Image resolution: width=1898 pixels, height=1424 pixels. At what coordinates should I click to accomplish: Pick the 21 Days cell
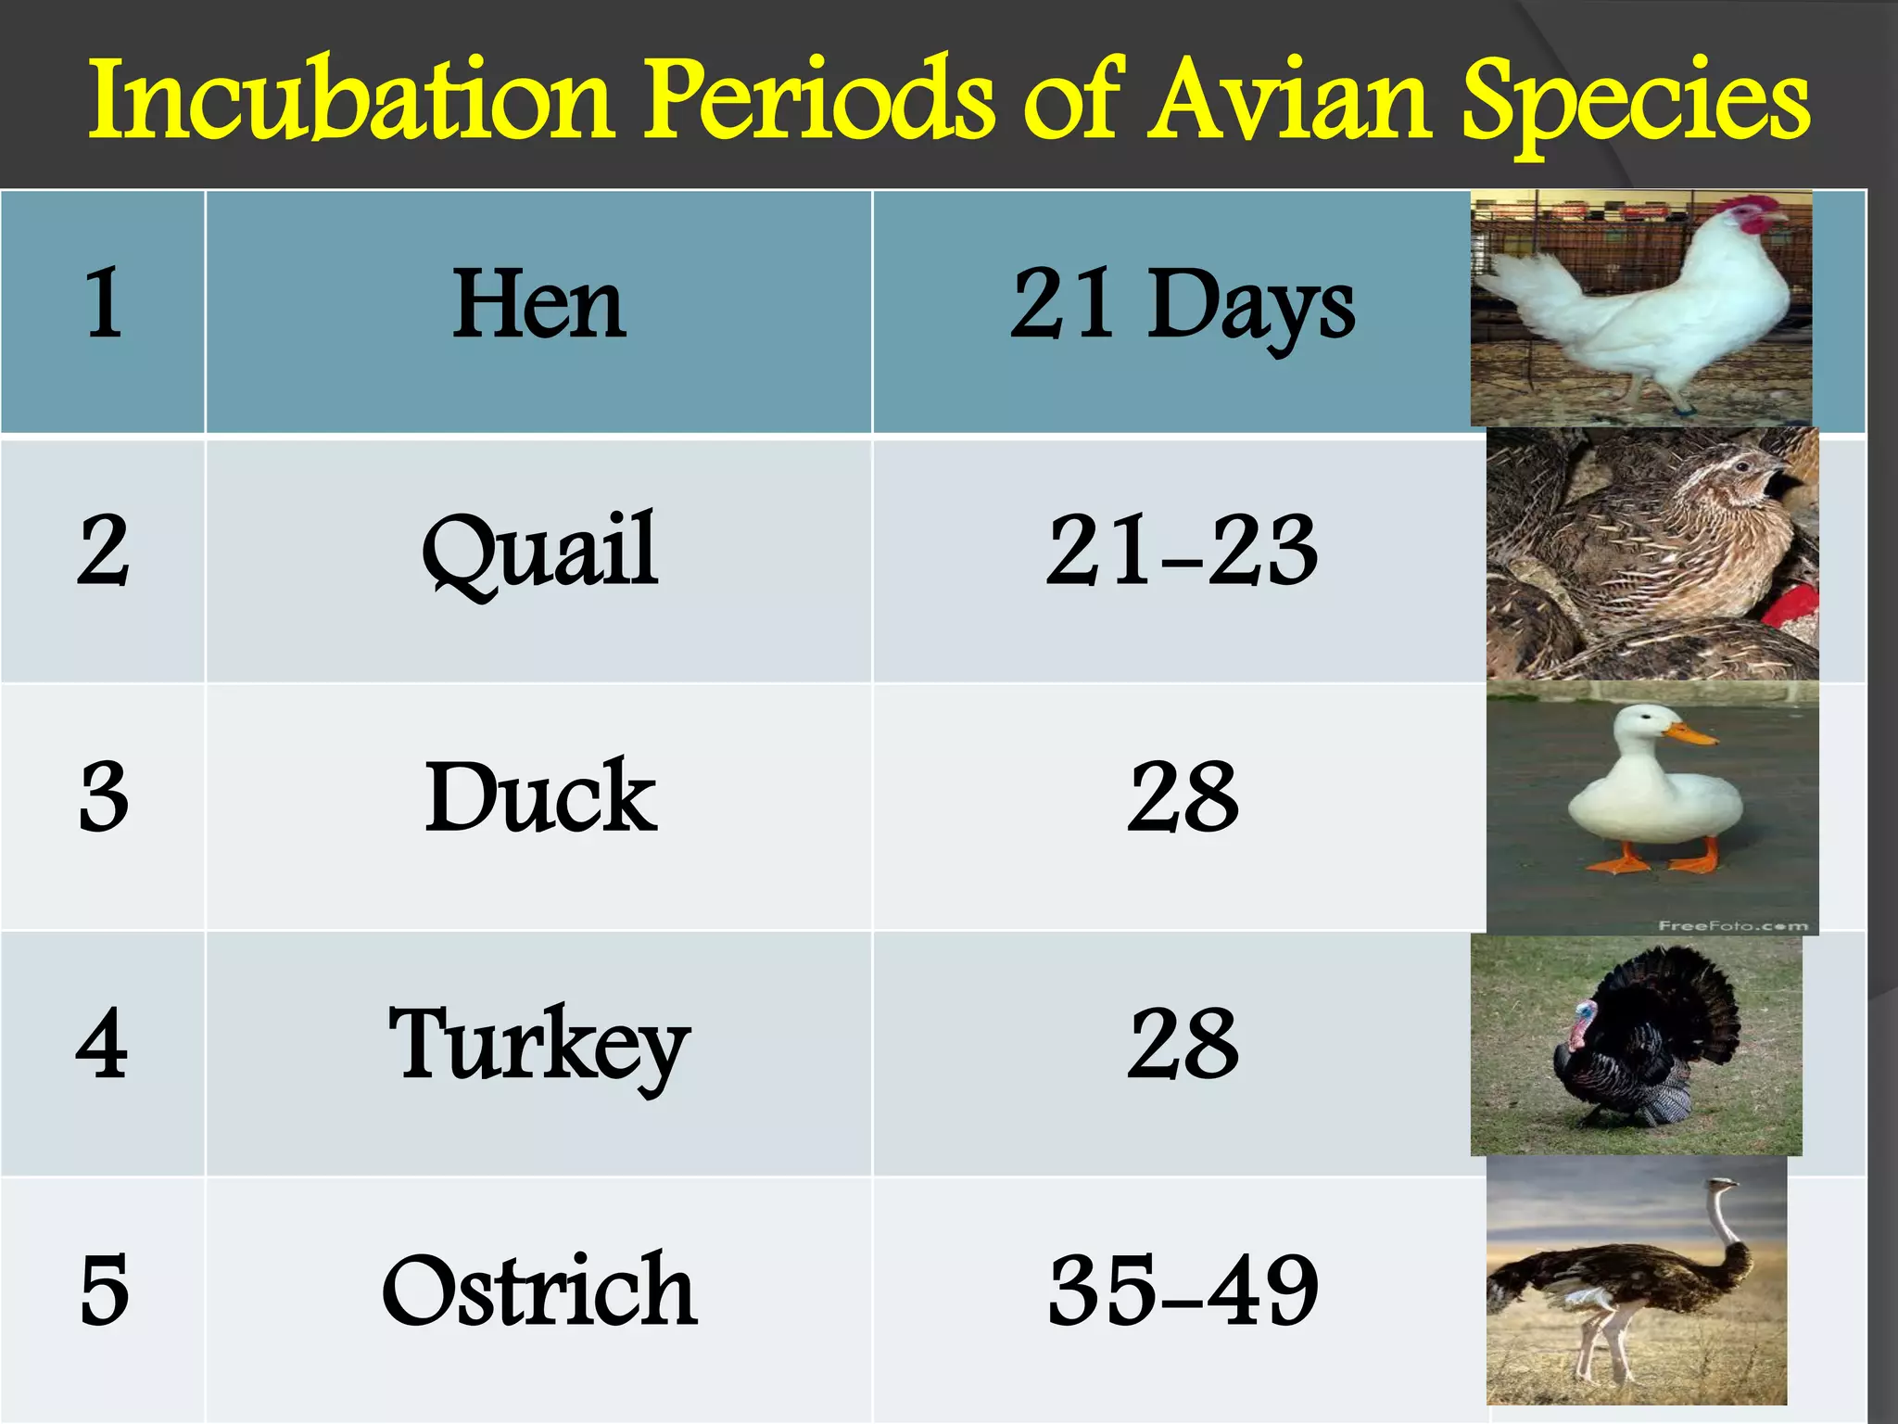(x=1182, y=306)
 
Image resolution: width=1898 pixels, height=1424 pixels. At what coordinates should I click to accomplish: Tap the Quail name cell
(x=538, y=552)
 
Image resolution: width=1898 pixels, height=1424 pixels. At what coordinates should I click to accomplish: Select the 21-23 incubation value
(x=1182, y=552)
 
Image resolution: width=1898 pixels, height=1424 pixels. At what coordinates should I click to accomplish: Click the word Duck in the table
(x=540, y=797)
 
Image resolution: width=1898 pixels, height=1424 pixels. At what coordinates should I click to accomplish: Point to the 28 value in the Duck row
(x=1183, y=797)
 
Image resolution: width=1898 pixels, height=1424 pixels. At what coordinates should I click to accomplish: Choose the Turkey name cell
(x=538, y=1046)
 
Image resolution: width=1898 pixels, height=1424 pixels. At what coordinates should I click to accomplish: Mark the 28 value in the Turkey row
(x=1183, y=1045)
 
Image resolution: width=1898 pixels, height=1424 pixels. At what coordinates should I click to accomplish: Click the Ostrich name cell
(x=538, y=1290)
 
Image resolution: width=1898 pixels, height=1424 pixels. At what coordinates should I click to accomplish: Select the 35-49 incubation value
(x=1183, y=1290)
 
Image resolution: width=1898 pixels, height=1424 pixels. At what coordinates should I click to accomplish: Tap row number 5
(x=103, y=1290)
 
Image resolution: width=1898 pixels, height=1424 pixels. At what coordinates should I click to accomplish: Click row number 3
(x=103, y=797)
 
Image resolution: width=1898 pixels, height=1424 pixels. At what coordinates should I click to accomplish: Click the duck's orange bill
(x=1692, y=735)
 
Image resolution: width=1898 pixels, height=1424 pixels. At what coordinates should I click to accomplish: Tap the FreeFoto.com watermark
(x=1732, y=925)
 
